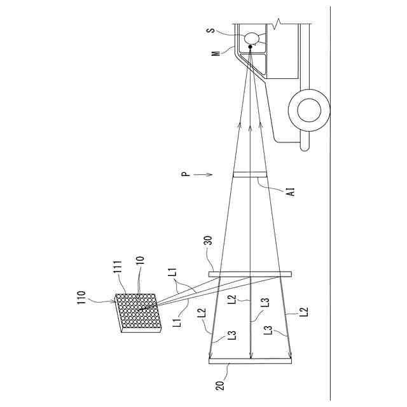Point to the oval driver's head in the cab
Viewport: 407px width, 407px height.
[252, 38]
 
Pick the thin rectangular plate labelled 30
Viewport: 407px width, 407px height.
[250, 275]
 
